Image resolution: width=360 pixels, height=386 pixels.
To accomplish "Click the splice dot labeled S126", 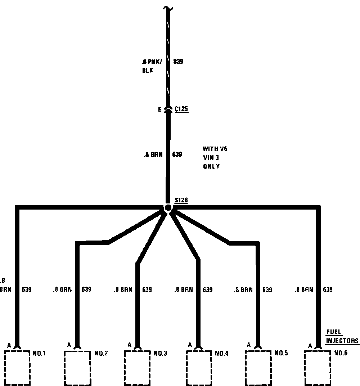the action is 168,208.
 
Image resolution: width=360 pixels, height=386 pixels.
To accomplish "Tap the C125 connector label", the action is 181,109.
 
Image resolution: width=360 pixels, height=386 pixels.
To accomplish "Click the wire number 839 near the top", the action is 178,62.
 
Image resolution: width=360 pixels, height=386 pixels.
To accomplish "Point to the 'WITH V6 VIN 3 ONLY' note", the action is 215,158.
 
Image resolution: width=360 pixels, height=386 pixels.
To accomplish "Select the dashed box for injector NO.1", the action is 17,367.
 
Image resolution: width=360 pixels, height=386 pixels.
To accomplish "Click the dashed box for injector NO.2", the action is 77,367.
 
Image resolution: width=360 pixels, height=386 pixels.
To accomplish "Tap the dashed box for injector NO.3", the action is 137,367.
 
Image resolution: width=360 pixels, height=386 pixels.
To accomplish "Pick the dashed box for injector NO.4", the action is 199,367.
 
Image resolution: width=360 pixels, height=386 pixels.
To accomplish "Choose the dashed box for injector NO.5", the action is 258,367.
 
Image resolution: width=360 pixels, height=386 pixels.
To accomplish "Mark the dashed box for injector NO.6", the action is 318,367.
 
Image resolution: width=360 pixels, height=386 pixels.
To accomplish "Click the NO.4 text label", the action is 222,354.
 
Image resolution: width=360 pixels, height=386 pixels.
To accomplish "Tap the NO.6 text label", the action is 341,353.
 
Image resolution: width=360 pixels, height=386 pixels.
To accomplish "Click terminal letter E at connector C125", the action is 160,109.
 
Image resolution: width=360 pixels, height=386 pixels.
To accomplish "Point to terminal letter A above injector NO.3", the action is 130,345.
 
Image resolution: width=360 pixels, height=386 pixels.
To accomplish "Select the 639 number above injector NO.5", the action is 267,289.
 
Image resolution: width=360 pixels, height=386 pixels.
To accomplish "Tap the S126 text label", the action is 181,200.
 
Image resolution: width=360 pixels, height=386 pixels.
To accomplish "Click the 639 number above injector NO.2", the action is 86,289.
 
